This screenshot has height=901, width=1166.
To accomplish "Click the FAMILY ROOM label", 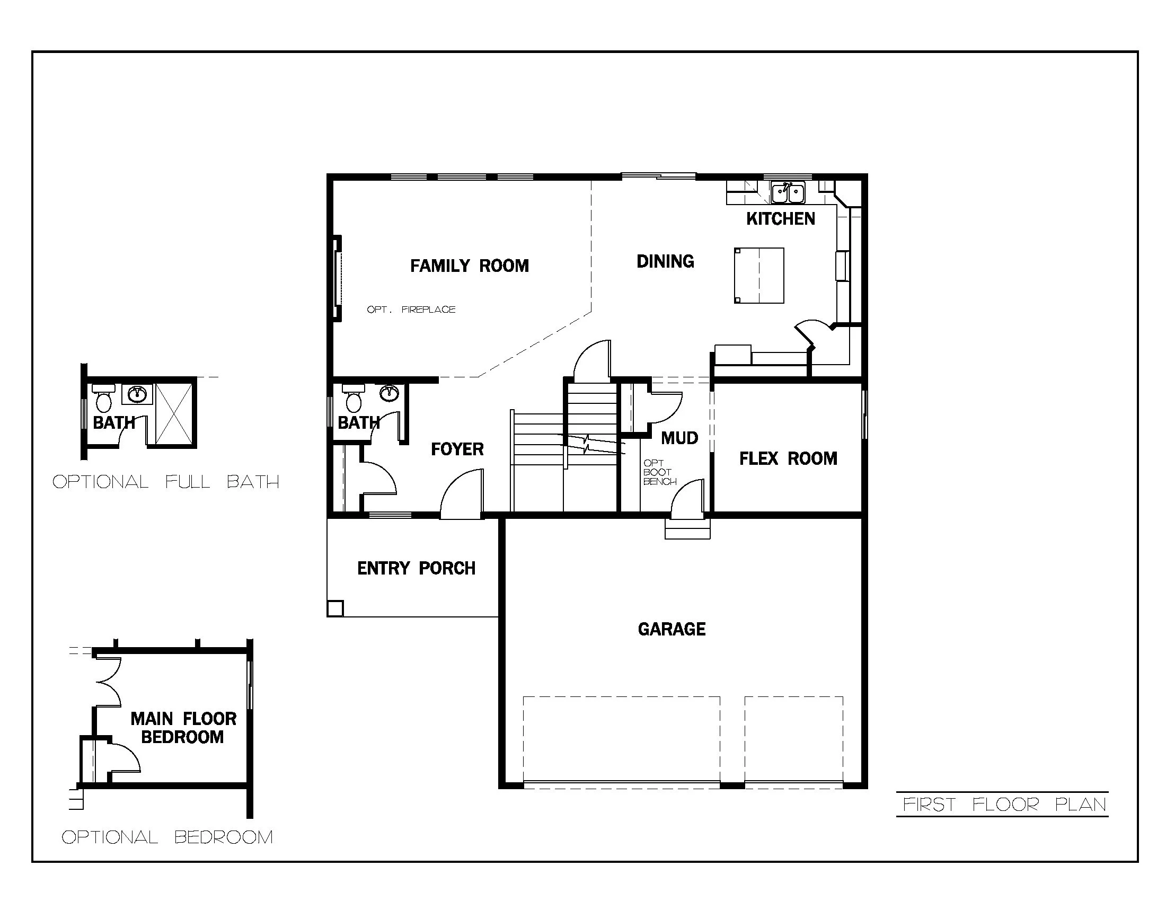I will [x=469, y=266].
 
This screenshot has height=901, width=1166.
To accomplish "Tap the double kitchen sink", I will [x=788, y=193].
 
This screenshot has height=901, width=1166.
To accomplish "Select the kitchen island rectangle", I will [x=758, y=276].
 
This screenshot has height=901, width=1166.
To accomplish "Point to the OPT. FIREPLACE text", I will [x=411, y=310].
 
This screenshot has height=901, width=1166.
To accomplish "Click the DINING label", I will [x=665, y=261].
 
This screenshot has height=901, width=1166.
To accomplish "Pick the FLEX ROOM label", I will [x=788, y=458].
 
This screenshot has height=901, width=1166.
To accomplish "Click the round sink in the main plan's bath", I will [x=389, y=394].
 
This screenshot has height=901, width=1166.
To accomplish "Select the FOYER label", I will [x=457, y=449].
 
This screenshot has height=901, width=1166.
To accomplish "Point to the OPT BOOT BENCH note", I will [x=659, y=472].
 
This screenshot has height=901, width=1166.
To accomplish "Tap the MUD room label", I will [x=679, y=438].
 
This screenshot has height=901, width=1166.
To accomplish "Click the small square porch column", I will [x=335, y=608].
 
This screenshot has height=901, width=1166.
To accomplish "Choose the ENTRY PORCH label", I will [x=416, y=569].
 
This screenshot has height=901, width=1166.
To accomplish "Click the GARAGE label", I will [x=672, y=629].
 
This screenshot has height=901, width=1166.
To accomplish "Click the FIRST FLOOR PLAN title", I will [x=1004, y=805].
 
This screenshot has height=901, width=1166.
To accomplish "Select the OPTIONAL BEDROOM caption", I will [x=167, y=837].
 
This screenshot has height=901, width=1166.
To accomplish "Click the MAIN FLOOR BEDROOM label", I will [x=183, y=728].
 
